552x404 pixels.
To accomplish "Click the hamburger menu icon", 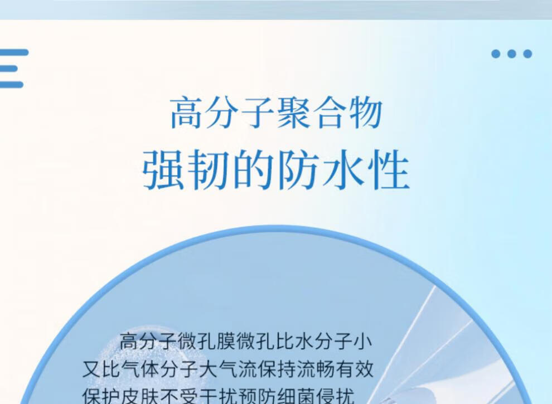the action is point(13,69).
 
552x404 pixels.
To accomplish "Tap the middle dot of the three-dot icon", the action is point(512,54).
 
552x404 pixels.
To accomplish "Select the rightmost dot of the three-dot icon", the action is point(527,54).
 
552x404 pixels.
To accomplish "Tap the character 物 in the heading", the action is point(366,113).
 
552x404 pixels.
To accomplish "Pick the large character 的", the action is point(253,170).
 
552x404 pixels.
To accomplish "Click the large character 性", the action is point(389,170).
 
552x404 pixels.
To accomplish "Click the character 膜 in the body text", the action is point(226,342).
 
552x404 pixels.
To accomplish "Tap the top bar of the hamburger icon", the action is point(14,52).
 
